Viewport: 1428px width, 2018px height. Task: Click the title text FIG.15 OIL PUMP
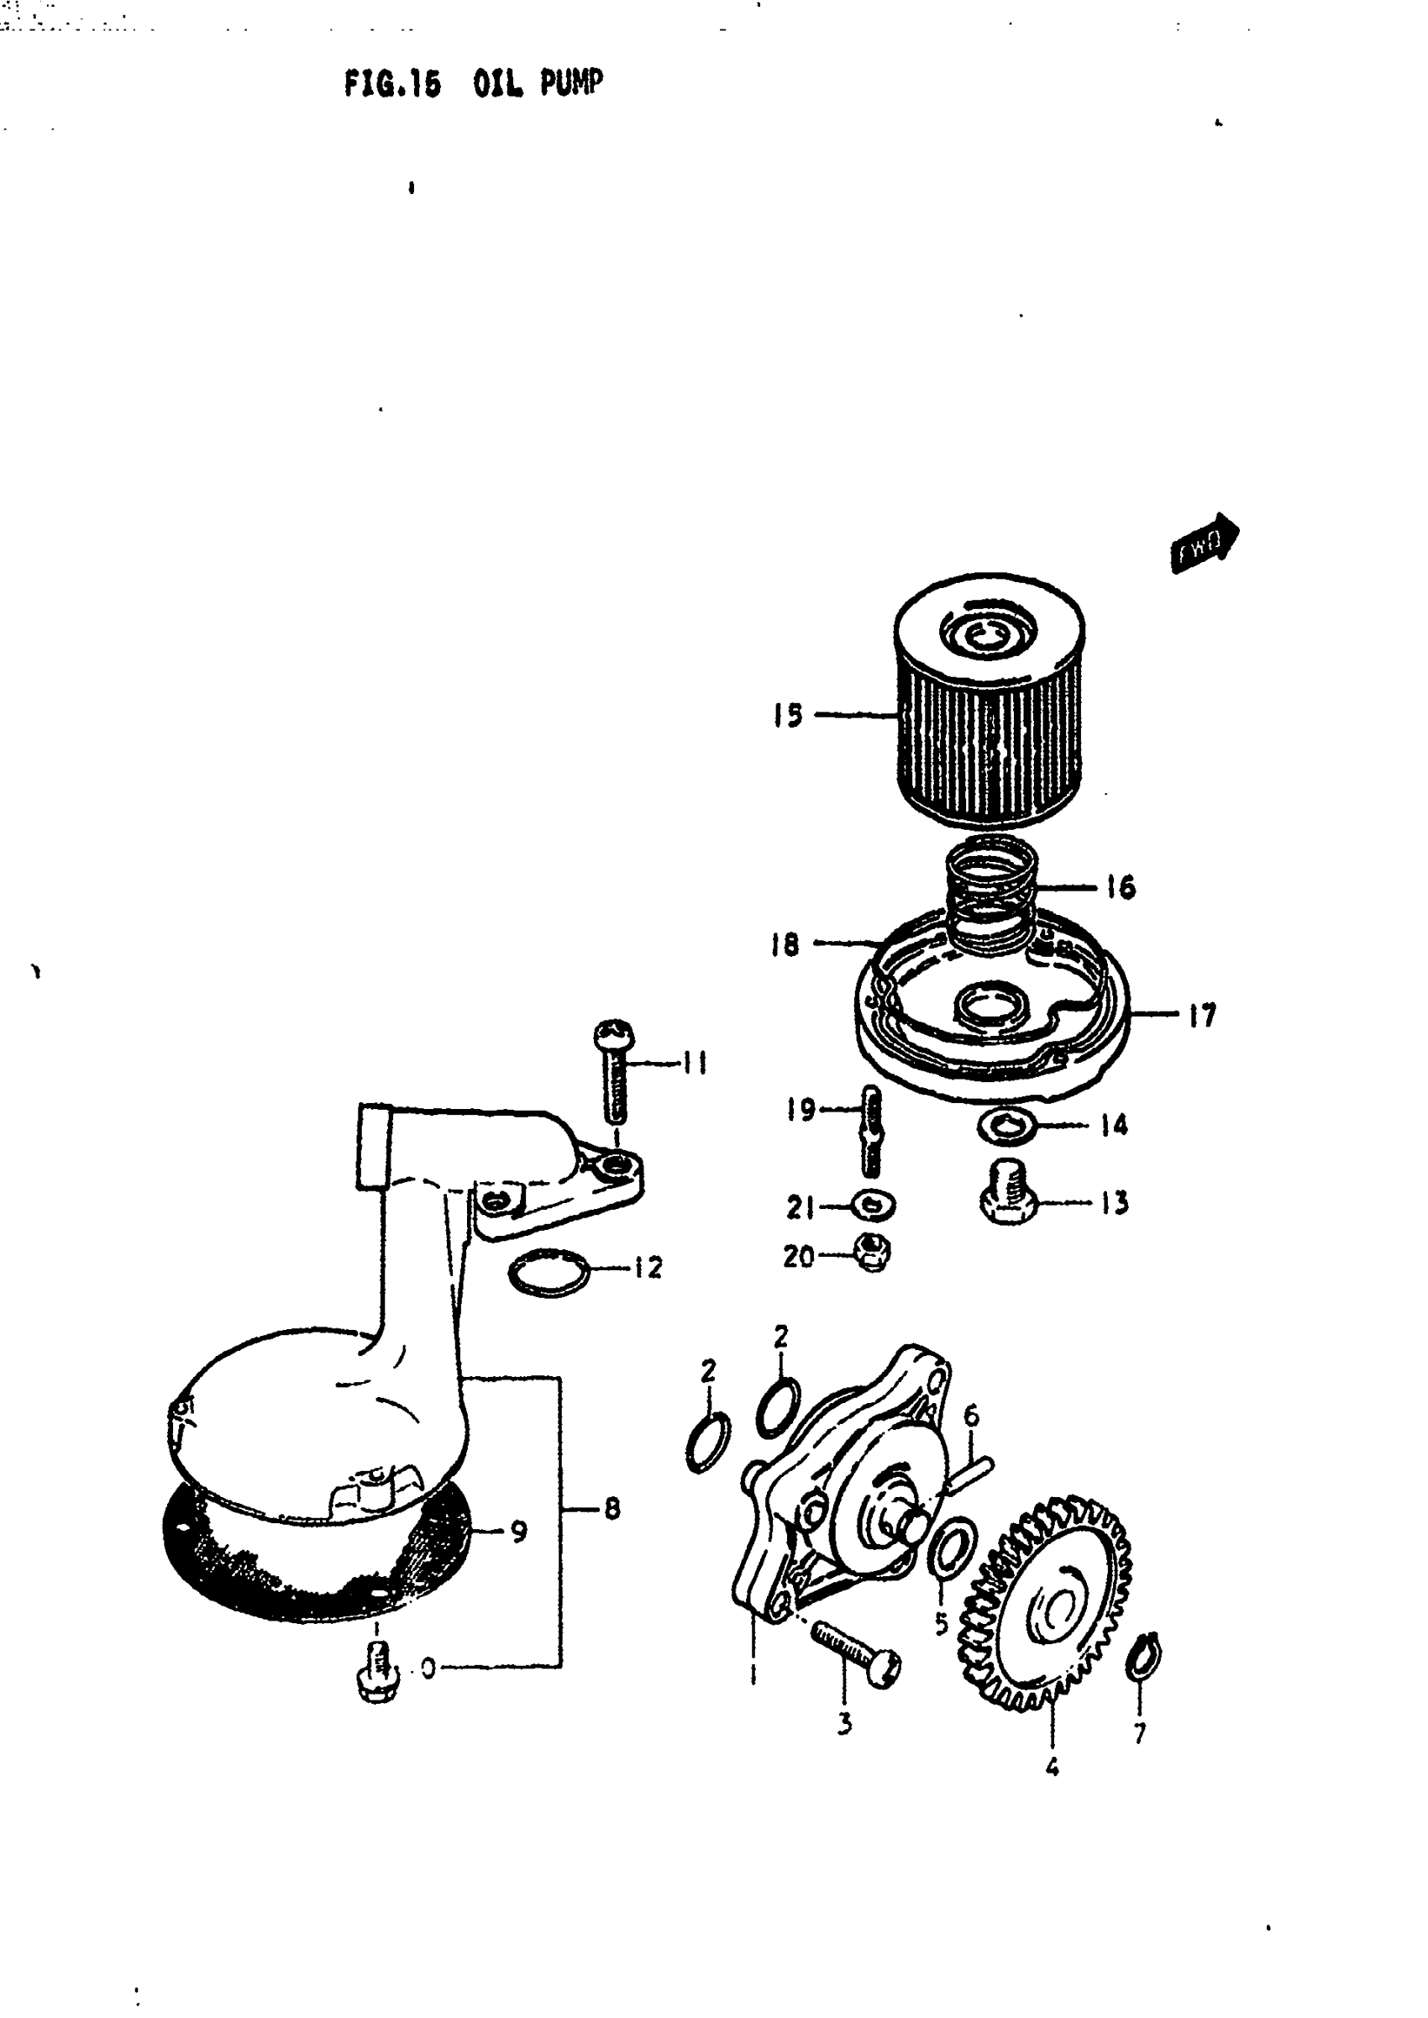click(473, 84)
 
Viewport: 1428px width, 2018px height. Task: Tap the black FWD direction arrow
click(1204, 542)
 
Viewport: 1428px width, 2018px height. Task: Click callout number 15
click(788, 715)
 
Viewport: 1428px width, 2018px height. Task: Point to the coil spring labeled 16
click(992, 895)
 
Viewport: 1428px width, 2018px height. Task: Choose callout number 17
click(1201, 1016)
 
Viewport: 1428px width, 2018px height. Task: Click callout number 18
click(785, 944)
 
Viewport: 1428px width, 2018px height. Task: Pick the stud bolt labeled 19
click(871, 1129)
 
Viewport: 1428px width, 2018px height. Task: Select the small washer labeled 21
click(873, 1206)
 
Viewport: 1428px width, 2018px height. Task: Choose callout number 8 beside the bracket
click(612, 1509)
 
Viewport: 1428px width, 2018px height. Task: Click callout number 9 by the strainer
click(519, 1531)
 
